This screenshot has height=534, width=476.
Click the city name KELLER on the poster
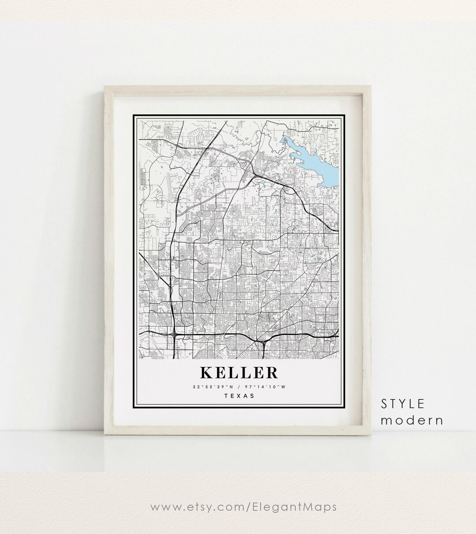coord(239,373)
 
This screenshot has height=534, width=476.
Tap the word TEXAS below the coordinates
coord(239,396)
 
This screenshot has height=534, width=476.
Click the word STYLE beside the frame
coord(403,403)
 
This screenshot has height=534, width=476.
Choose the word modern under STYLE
coord(412,420)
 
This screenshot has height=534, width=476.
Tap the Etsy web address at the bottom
coord(244,507)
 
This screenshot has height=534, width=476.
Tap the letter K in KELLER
coord(206,373)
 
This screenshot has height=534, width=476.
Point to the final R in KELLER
coord(272,373)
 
